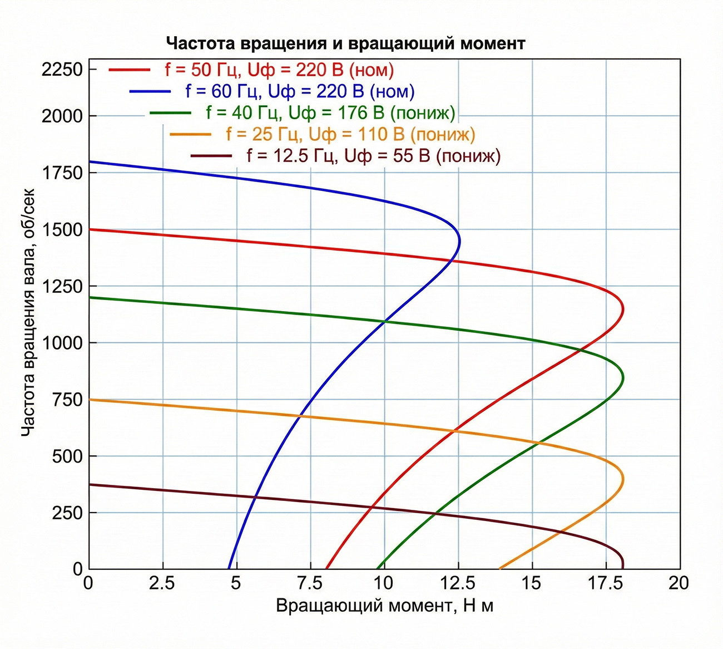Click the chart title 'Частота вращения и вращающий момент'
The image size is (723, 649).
pyautogui.click(x=345, y=43)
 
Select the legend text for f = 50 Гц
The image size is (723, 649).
pyautogui.click(x=279, y=70)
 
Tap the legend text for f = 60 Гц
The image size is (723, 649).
pyautogui.click(x=300, y=91)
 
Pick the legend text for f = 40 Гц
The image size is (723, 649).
pyautogui.click(x=330, y=113)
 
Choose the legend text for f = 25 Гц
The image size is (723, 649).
pyautogui.click(x=350, y=134)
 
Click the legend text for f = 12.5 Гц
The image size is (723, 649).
pyautogui.click(x=373, y=156)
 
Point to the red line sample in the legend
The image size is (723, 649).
pyautogui.click(x=130, y=70)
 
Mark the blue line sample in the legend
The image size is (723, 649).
pyautogui.click(x=150, y=91)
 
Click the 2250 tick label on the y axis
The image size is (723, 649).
pyautogui.click(x=62, y=70)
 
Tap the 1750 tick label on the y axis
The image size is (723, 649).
pyautogui.click(x=62, y=173)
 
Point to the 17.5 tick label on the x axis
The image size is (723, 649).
pyautogui.click(x=606, y=583)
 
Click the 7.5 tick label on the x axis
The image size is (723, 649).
pyautogui.click(x=310, y=583)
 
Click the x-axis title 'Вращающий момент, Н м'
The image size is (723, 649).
pyautogui.click(x=384, y=606)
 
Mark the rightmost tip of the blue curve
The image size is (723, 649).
pyautogui.click(x=460, y=241)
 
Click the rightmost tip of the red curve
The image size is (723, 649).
pyautogui.click(x=623, y=309)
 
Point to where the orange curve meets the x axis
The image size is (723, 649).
pyautogui.click(x=499, y=568)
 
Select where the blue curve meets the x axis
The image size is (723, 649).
pyautogui.click(x=229, y=568)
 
